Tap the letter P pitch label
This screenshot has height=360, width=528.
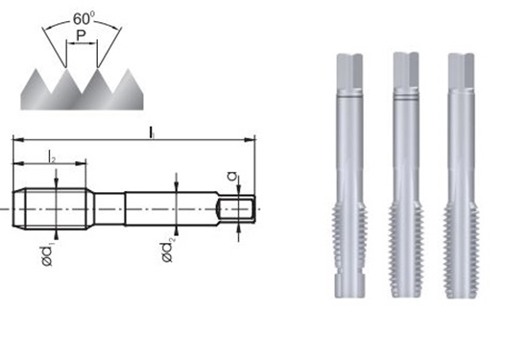(81, 36)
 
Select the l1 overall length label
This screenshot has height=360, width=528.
(152, 132)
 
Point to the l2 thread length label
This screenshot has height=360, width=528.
(51, 156)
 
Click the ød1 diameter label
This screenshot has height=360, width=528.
(47, 255)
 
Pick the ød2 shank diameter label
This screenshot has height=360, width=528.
(168, 252)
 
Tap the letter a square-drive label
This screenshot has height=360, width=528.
(232, 176)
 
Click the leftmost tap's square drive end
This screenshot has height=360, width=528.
(349, 70)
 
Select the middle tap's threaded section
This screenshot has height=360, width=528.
(405, 248)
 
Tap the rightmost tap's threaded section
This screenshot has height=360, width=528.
(461, 250)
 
